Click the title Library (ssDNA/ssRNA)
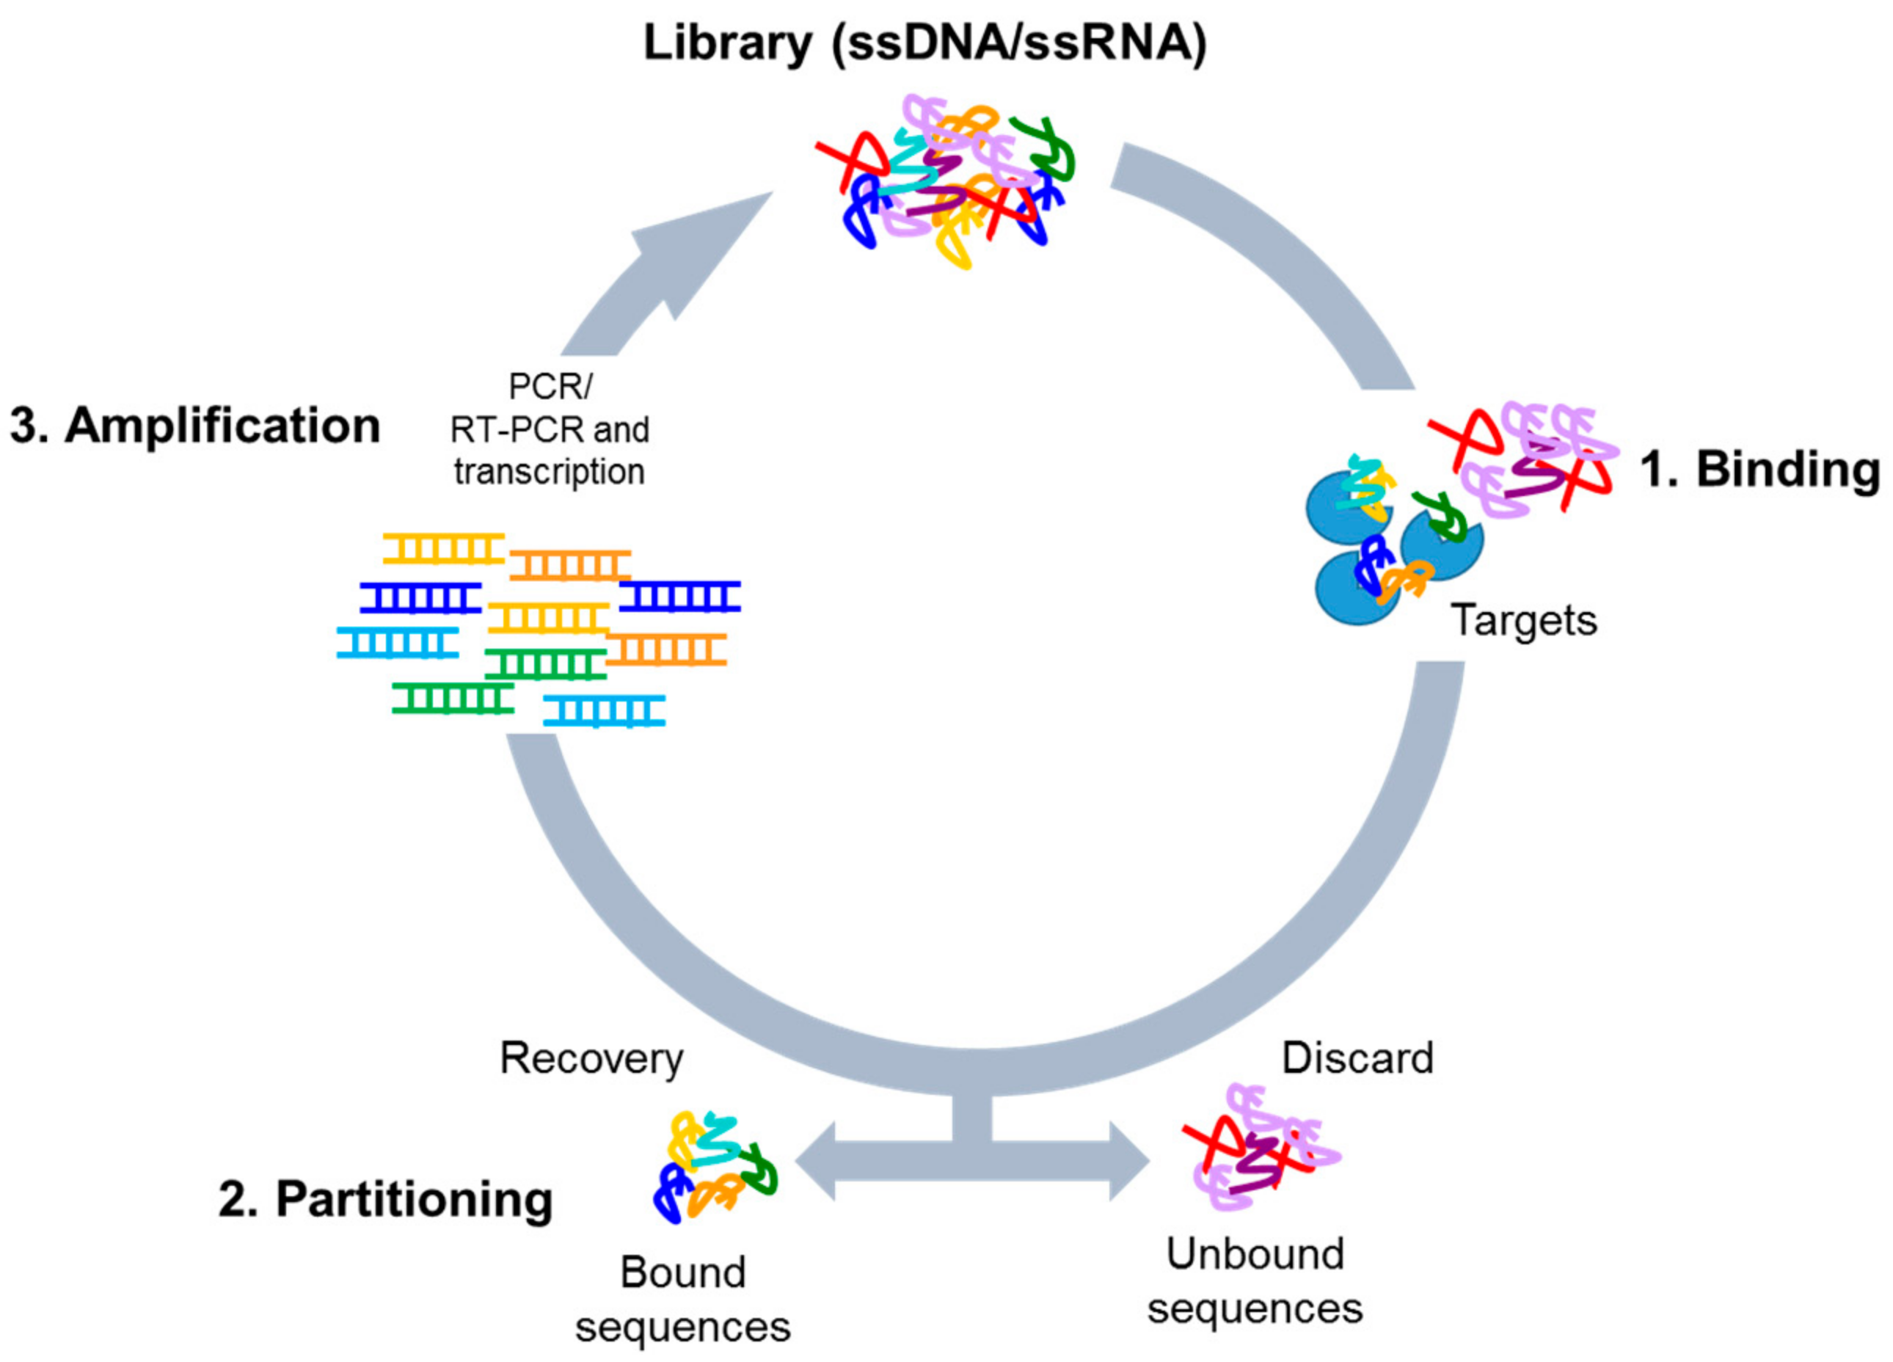[924, 43]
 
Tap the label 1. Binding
[1759, 469]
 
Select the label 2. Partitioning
[386, 1200]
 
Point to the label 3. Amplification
[194, 426]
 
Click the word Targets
[1524, 621]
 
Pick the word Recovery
[591, 1059]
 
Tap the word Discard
[1357, 1058]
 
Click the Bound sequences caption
[683, 1300]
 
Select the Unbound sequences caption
[1255, 1281]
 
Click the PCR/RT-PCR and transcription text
[550, 430]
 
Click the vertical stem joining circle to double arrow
[971, 1118]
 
